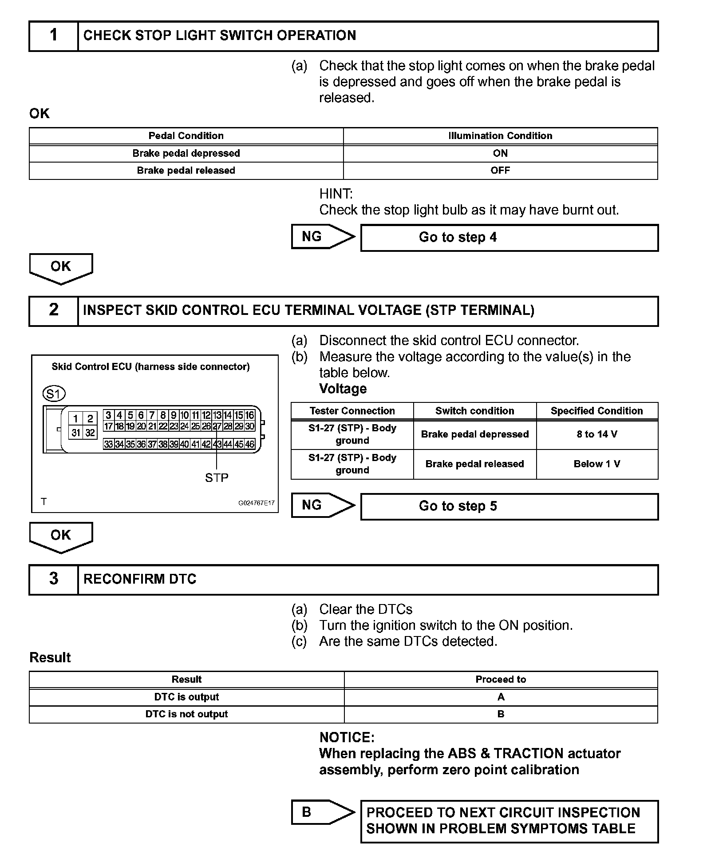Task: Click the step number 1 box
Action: (x=54, y=36)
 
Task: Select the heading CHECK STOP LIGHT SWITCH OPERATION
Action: (x=220, y=36)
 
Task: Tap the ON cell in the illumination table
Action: (x=500, y=153)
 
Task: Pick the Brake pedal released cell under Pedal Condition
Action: (x=186, y=171)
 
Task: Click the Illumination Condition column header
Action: (x=500, y=136)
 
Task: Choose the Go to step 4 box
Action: (x=509, y=238)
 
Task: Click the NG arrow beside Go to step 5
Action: (x=323, y=505)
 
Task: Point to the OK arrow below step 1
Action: (x=61, y=267)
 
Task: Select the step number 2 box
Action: (x=54, y=310)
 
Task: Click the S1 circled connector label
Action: (x=54, y=394)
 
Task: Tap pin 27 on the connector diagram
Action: (x=217, y=426)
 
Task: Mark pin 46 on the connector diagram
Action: (x=249, y=444)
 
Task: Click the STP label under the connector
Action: (x=217, y=478)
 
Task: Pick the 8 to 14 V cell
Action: (x=597, y=434)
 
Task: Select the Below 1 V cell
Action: (x=597, y=464)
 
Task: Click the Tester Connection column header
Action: (x=352, y=411)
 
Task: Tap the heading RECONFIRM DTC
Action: (x=140, y=579)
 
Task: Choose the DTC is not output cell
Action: (x=186, y=714)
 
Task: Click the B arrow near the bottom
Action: (x=323, y=812)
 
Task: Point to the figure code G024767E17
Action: (x=257, y=503)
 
